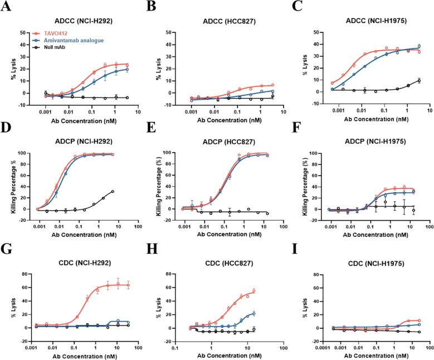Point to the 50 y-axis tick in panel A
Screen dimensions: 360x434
(x=24, y=32)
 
